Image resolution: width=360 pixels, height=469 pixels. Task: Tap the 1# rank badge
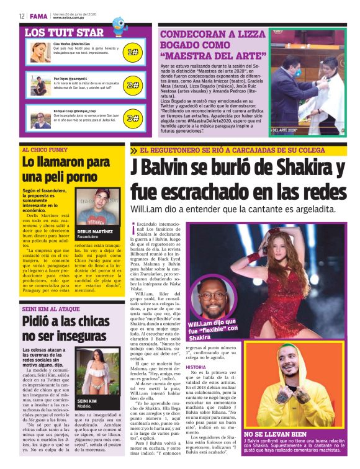(132, 53)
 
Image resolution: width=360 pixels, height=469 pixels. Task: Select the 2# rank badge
(132, 85)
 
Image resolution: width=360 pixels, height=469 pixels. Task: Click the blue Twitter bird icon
(119, 24)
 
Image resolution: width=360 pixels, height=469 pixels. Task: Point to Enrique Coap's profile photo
(41, 117)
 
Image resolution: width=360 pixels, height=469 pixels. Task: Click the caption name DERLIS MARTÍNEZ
(96, 230)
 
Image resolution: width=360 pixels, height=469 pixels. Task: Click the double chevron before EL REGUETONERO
(135, 151)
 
